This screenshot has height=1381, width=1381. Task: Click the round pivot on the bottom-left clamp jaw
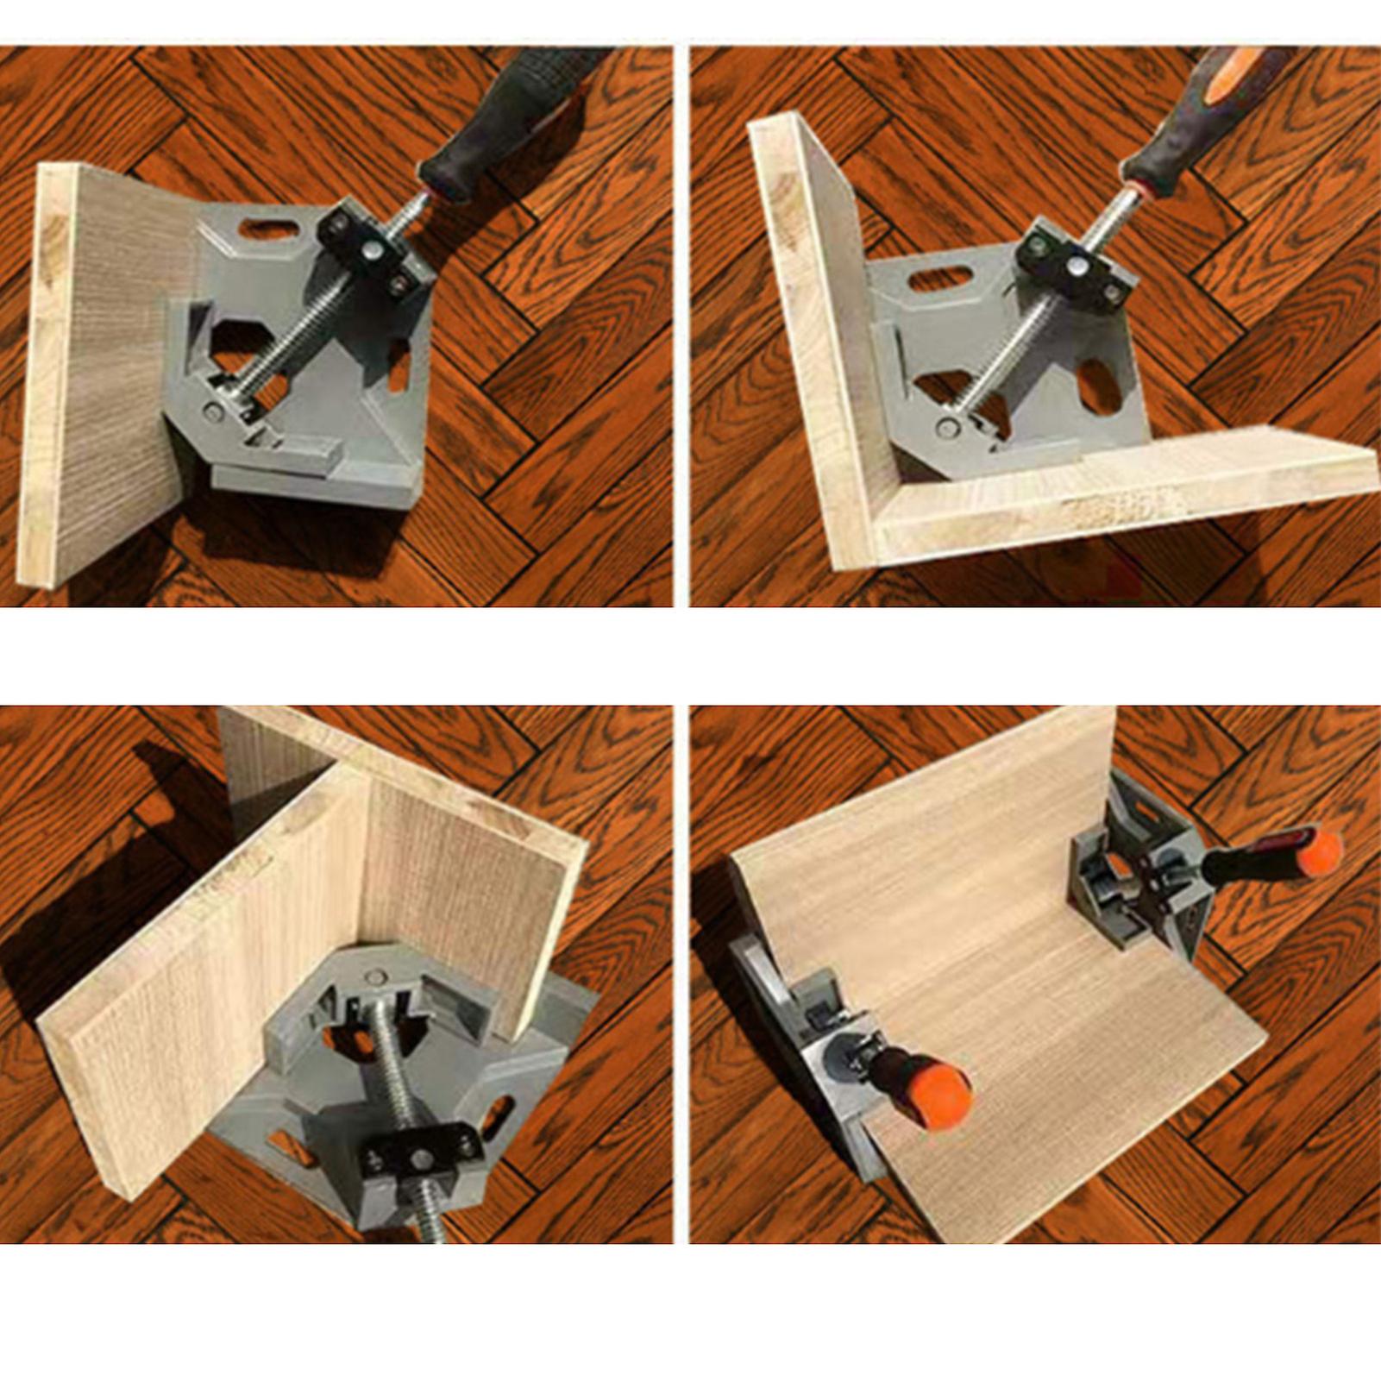374,977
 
